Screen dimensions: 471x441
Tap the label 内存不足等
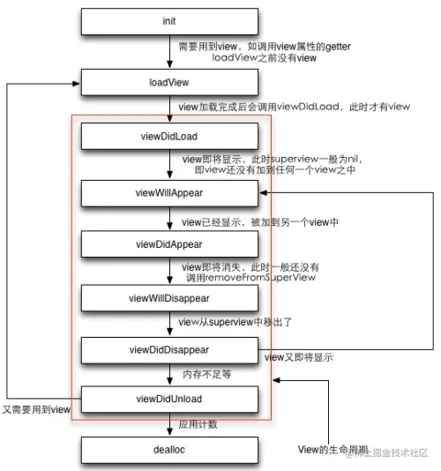click(x=206, y=375)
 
